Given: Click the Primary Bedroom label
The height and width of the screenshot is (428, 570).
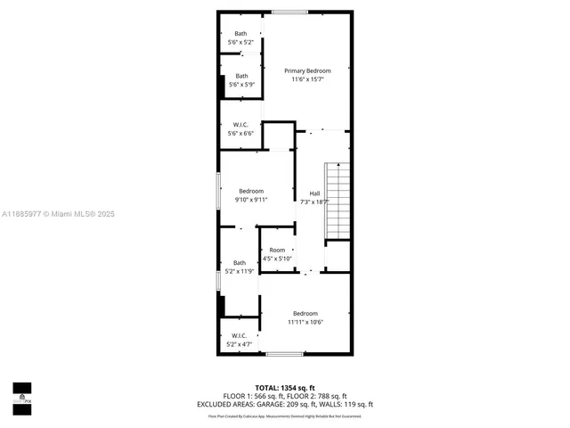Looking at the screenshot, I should point(307,70).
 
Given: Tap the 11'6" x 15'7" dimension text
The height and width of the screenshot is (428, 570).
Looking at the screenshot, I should point(307,79).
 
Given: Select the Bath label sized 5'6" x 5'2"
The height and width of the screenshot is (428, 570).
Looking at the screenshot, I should point(241,34).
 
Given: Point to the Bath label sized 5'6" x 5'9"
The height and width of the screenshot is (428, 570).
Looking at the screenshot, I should point(241,76).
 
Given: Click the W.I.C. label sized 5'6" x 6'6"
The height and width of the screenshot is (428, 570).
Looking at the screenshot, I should point(240,124).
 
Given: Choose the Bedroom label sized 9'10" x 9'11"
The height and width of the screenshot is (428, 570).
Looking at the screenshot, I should point(251,191).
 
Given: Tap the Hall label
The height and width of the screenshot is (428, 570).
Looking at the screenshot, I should point(314,193).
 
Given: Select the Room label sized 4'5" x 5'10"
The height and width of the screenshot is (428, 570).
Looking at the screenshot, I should point(278,250).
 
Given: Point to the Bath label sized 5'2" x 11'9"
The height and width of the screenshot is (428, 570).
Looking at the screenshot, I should point(240,262).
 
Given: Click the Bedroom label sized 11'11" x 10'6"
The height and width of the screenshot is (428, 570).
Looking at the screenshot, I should point(305,313).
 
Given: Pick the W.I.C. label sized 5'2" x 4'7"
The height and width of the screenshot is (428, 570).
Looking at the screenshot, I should point(239,335).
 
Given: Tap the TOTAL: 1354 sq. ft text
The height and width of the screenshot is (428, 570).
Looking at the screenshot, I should point(285,388).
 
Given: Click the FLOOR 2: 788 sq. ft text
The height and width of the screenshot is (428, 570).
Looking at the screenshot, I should point(319,396).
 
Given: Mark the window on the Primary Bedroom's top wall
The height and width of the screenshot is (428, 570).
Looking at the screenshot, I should point(289,12).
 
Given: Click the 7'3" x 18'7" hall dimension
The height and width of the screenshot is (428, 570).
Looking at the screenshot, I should point(314,202).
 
